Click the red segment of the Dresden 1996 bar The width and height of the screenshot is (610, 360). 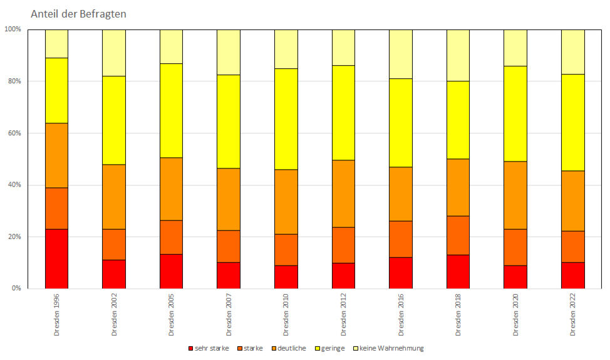[x=56, y=259]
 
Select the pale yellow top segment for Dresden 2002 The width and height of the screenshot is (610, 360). [x=114, y=53]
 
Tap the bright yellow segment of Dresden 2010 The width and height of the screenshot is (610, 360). [x=286, y=119]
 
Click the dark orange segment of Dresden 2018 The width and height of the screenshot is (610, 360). [x=458, y=235]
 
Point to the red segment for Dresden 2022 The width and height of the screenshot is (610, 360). [x=573, y=275]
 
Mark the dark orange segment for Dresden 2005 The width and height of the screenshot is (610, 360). [x=171, y=237]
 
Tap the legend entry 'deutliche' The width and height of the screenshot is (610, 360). [x=289, y=348]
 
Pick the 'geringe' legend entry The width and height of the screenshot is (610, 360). [x=330, y=348]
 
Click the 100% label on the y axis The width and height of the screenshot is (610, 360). [x=13, y=29]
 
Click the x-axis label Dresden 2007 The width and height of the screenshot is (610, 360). [x=229, y=316]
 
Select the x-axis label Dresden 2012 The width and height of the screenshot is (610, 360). [x=343, y=316]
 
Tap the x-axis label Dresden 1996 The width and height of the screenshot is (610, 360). [x=56, y=316]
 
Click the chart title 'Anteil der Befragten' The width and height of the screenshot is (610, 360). [x=78, y=14]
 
